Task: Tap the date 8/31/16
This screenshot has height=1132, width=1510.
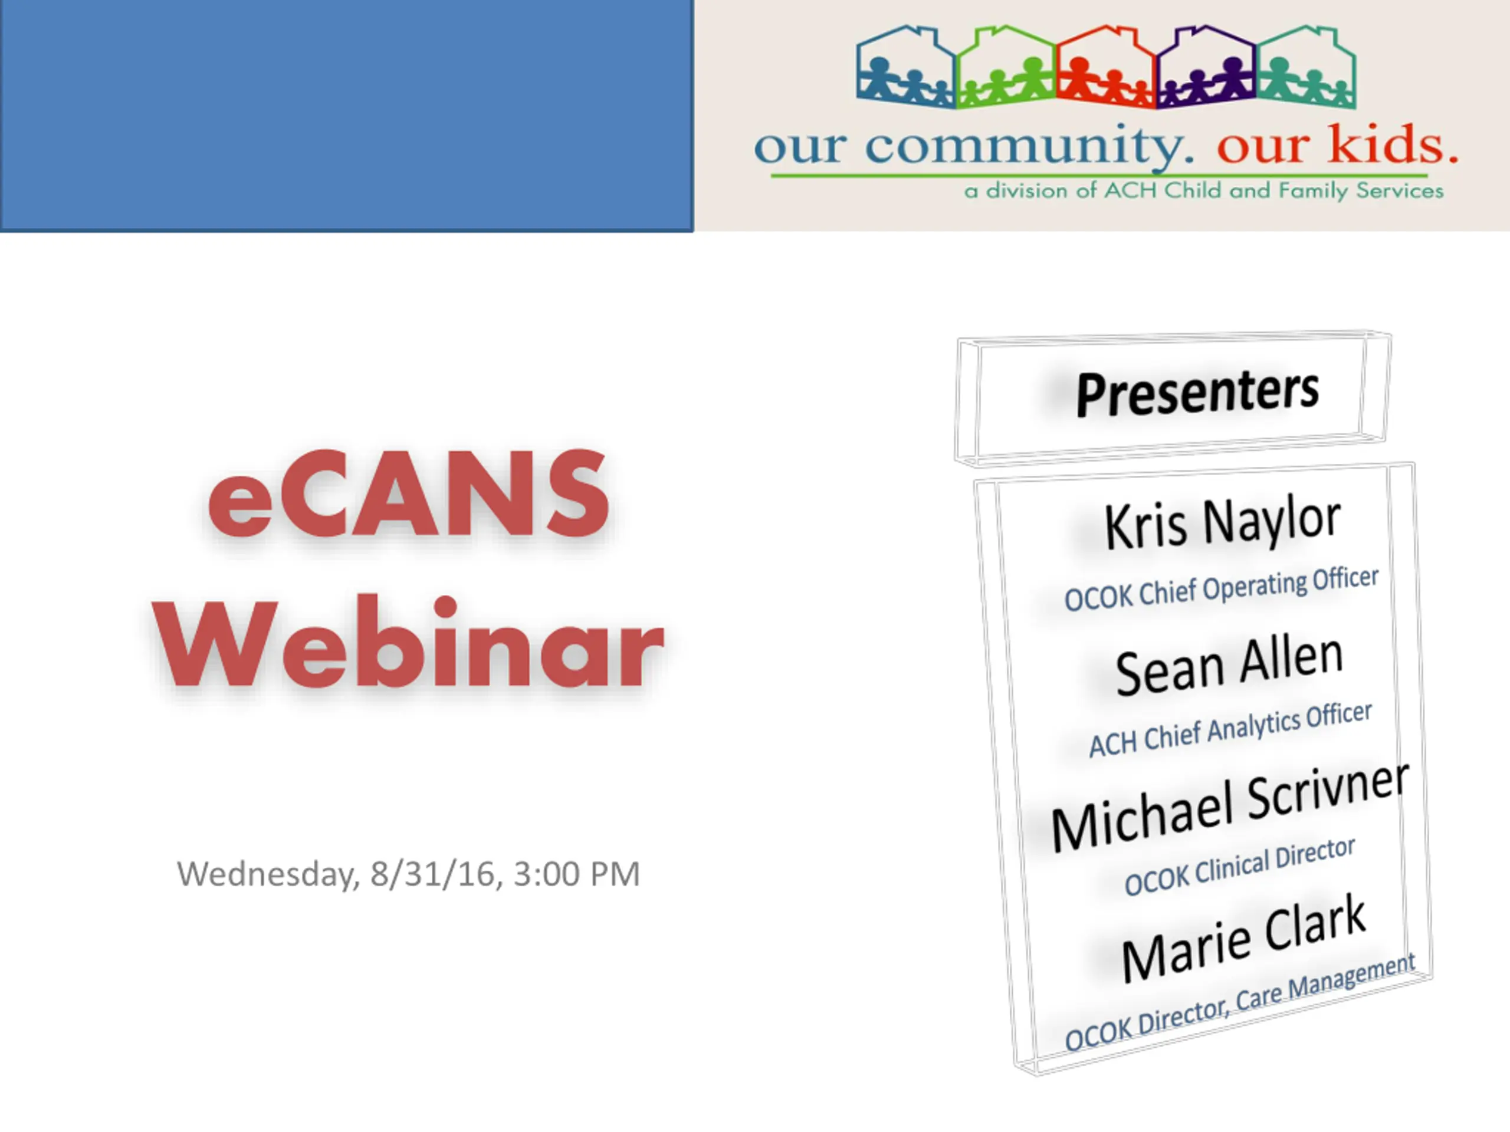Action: click(x=432, y=874)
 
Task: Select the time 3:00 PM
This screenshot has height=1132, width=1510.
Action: click(x=577, y=874)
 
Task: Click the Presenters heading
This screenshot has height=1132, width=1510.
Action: click(x=1197, y=393)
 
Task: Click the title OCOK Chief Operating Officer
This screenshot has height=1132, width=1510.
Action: click(x=1221, y=589)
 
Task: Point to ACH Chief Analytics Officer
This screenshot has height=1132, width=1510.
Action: click(x=1230, y=729)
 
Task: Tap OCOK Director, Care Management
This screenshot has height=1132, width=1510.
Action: click(x=1240, y=1002)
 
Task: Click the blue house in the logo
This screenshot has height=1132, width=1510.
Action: click(x=906, y=66)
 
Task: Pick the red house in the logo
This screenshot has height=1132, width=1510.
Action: click(x=1107, y=66)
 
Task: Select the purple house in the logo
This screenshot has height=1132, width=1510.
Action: click(x=1206, y=66)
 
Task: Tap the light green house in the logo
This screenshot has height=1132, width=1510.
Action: click(x=1006, y=66)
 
